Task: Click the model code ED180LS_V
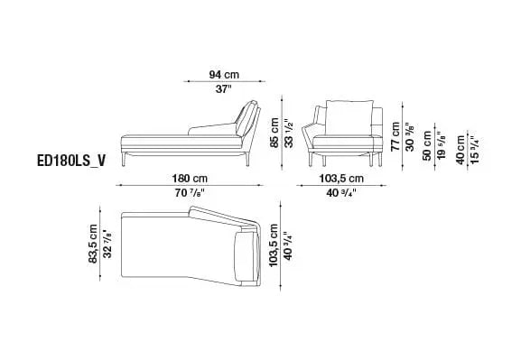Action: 71,161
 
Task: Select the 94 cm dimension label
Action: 224,74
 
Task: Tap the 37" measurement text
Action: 223,89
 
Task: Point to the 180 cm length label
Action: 190,179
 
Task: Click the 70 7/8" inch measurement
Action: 190,192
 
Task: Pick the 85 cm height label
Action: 274,133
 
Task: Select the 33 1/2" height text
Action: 290,133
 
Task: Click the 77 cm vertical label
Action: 395,136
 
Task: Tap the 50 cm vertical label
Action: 427,145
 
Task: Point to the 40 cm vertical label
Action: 461,150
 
